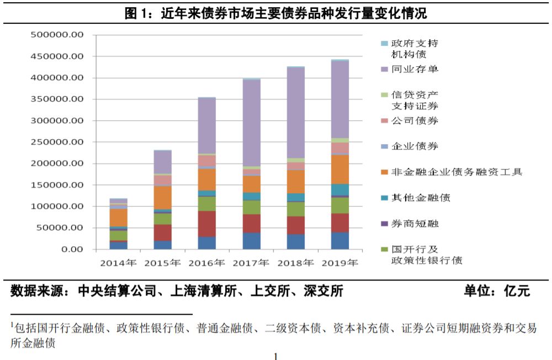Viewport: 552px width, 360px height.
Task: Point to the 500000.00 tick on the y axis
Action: pyautogui.click(x=57, y=35)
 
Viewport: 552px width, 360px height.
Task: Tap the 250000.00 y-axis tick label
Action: pyautogui.click(x=57, y=142)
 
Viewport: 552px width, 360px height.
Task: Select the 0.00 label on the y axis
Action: pyautogui.click(x=73, y=249)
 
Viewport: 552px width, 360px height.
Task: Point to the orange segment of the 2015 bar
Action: pyautogui.click(x=163, y=198)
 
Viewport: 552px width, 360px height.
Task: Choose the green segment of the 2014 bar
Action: pyautogui.click(x=118, y=235)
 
